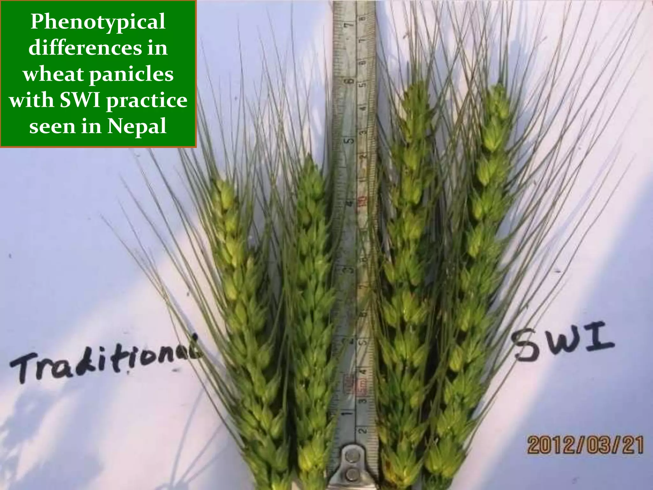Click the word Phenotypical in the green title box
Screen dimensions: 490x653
pos(98,22)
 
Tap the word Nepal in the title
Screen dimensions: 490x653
pos(136,127)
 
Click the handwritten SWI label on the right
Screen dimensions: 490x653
pos(564,345)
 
